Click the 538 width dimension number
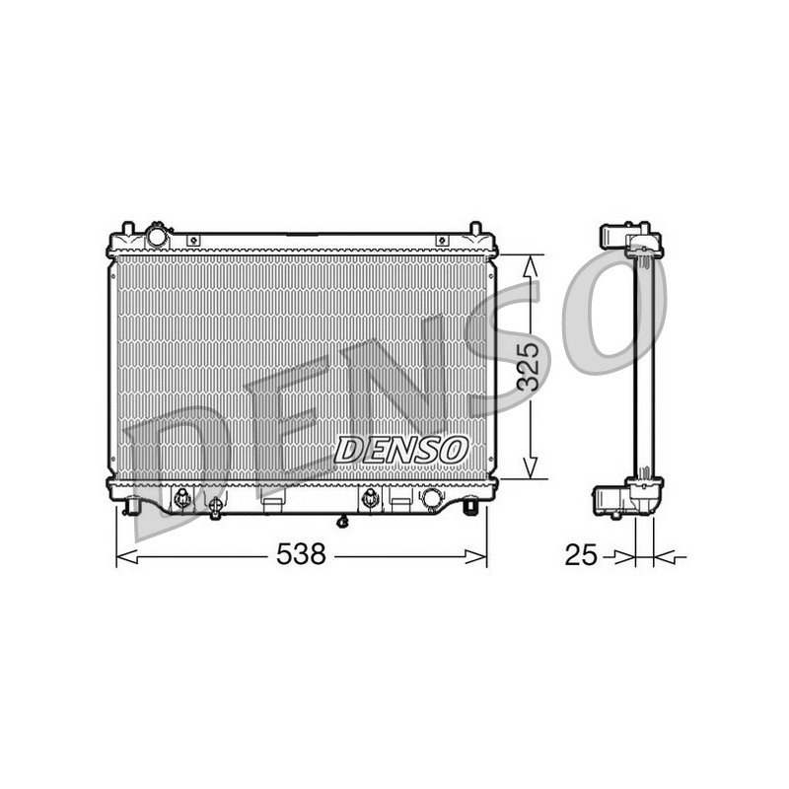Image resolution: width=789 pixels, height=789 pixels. click(x=302, y=554)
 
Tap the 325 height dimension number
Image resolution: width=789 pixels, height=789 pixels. click(x=529, y=367)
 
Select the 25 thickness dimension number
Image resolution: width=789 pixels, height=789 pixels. click(x=581, y=555)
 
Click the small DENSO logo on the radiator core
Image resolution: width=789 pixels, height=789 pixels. click(x=401, y=450)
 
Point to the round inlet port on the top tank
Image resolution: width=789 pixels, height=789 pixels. click(x=157, y=236)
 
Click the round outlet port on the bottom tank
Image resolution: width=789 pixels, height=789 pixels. click(x=432, y=498)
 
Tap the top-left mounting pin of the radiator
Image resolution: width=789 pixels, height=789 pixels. click(x=128, y=228)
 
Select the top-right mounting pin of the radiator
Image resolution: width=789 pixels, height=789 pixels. click(x=475, y=228)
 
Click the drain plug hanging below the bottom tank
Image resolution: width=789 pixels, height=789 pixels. click(x=343, y=522)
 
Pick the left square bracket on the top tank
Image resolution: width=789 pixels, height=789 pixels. click(x=193, y=241)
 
